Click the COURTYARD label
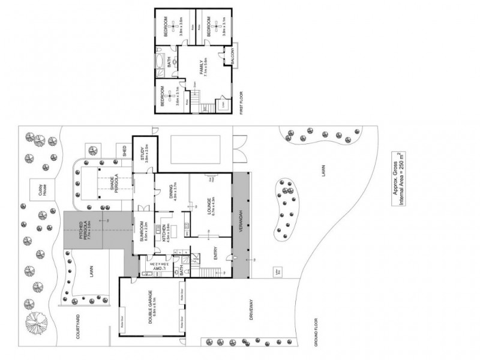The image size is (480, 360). click(79, 328)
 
